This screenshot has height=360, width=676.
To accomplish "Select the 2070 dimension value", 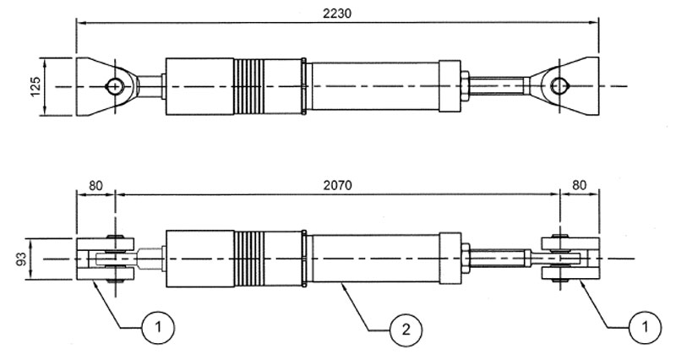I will click(338, 183).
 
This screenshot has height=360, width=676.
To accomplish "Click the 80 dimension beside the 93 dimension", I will click(94, 183).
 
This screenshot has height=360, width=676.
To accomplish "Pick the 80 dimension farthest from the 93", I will click(581, 183).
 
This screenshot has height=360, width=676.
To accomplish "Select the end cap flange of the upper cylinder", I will click(449, 85).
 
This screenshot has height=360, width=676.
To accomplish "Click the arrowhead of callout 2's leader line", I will click(341, 286).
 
